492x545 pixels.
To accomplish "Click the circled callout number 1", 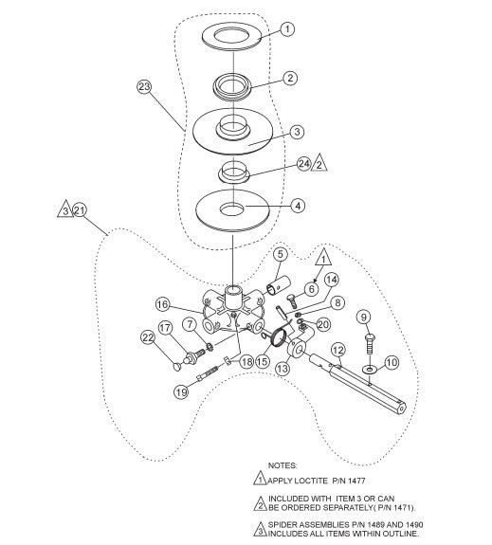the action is click(287, 29).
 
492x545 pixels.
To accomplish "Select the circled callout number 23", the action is click(144, 86).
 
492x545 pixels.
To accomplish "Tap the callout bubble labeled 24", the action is click(304, 163).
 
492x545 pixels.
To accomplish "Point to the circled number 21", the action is click(80, 210).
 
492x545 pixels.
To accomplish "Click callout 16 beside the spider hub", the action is click(162, 305).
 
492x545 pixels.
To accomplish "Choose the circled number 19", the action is click(181, 392).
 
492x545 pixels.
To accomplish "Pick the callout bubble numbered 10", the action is click(392, 362).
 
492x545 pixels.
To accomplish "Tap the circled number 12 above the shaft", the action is click(338, 350).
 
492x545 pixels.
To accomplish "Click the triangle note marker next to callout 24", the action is click(319, 163).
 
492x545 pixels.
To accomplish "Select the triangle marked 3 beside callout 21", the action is click(65, 209).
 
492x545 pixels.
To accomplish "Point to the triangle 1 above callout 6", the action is click(323, 258).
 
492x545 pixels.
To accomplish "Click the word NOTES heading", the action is click(282, 465).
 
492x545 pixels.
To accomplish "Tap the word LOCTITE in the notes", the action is click(311, 481).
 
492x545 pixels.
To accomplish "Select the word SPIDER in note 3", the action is click(282, 524).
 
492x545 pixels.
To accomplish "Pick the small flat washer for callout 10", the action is click(369, 369).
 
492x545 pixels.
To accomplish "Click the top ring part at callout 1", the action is click(231, 37).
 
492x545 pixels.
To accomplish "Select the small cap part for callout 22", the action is click(177, 367).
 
